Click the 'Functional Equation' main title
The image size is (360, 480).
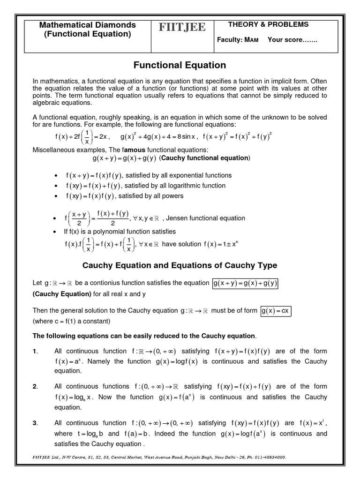pos(180,65)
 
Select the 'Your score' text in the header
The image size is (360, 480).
pos(292,40)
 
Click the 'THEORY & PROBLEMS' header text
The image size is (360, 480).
pos(268,24)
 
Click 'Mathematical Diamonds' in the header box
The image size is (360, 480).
pos(87,24)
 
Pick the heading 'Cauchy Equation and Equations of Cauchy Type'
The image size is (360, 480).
pos(180,265)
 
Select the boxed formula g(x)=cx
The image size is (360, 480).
pos(276,311)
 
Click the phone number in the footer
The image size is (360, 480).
pos(269,457)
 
